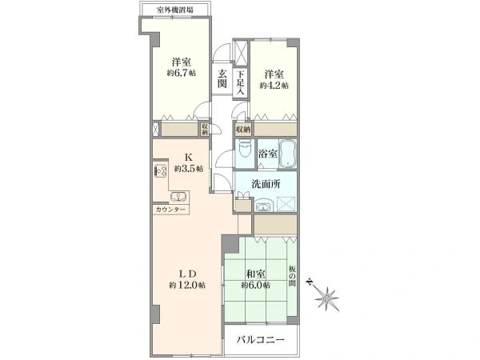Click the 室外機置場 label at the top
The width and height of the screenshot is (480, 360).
pyautogui.click(x=175, y=10)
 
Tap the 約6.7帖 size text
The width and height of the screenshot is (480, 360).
pyautogui.click(x=182, y=74)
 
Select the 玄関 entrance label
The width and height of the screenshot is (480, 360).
pyautogui.click(x=222, y=78)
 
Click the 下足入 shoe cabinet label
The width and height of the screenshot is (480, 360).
pyautogui.click(x=241, y=82)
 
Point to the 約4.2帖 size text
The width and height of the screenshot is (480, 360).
pyautogui.click(x=274, y=86)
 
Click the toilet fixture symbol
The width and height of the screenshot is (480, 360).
pyautogui.click(x=245, y=149)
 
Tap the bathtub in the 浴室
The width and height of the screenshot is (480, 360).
pyautogui.click(x=287, y=154)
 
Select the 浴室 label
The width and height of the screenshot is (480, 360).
pyautogui.click(x=268, y=154)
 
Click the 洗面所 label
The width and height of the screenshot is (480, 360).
pyautogui.click(x=266, y=184)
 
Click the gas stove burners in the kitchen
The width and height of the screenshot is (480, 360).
pyautogui.click(x=161, y=170)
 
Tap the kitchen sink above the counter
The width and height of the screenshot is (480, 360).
pyautogui.click(x=178, y=197)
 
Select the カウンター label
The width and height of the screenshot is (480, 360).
pyautogui.click(x=170, y=210)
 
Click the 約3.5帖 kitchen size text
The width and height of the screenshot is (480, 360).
pyautogui.click(x=189, y=168)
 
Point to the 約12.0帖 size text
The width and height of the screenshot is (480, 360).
pyautogui.click(x=187, y=286)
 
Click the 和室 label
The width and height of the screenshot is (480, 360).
pyautogui.click(x=256, y=274)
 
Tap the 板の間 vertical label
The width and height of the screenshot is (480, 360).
pyautogui.click(x=292, y=276)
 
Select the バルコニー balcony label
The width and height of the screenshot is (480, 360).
pyautogui.click(x=261, y=339)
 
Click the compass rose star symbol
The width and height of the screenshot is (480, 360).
pyautogui.click(x=327, y=298)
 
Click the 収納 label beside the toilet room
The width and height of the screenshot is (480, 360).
pyautogui.click(x=243, y=130)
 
